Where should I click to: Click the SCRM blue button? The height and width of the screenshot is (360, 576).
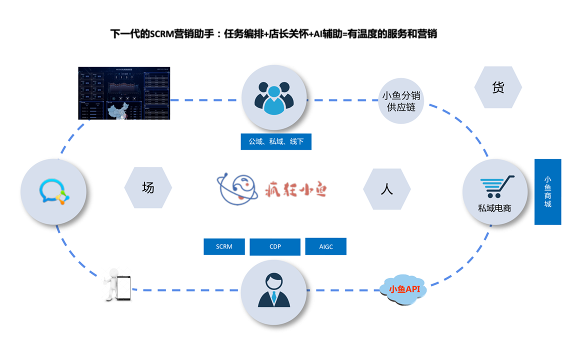[224, 246]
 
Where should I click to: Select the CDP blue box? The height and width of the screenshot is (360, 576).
[274, 246]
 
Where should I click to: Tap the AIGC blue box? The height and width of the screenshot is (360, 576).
[325, 246]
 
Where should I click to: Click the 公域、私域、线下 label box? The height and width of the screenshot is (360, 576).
[276, 141]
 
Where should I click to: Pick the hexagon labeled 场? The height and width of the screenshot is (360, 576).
[148, 188]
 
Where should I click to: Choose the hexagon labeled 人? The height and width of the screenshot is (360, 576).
[386, 189]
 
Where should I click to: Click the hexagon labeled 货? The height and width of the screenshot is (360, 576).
[498, 87]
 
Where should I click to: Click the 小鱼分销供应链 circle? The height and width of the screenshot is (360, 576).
[401, 100]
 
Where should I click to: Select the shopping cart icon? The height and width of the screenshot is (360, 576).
[496, 186]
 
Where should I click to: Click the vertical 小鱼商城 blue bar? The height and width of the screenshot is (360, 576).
[547, 191]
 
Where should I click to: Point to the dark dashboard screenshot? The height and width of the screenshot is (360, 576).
[124, 93]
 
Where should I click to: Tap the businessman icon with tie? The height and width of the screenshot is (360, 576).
[274, 290]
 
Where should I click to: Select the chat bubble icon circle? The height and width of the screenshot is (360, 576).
[53, 192]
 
